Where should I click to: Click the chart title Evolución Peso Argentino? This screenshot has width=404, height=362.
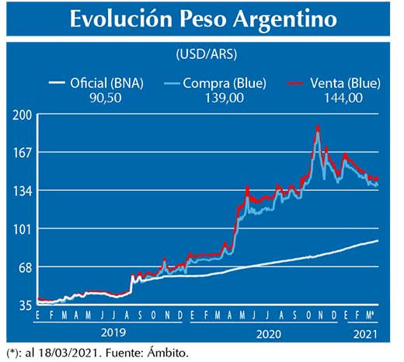[203, 19]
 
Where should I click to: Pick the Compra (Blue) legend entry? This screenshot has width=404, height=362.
[211, 82]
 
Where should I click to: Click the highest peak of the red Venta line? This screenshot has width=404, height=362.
[318, 126]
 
